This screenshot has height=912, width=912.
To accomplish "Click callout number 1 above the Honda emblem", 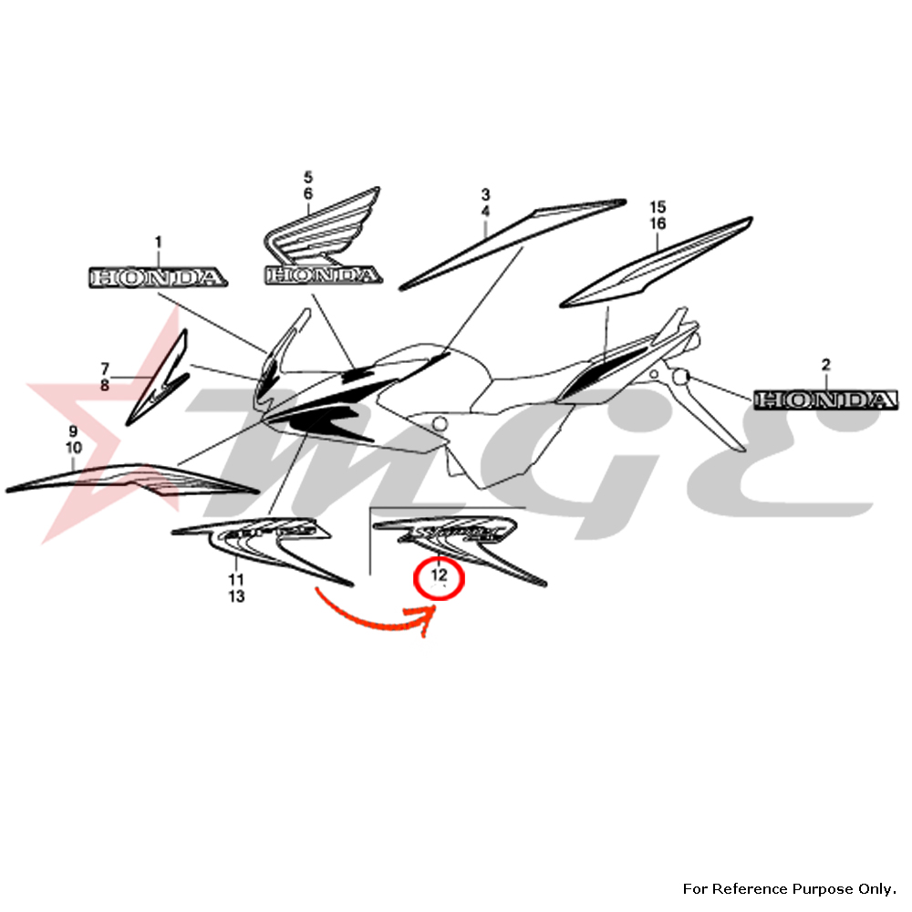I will pos(158,242).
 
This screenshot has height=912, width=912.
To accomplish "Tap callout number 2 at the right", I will pos(825,365).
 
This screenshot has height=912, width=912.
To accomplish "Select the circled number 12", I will pos(440,575).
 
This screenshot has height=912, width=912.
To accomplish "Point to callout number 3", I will pos(485,194).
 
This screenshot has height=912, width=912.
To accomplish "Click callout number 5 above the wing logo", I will pos(308,176).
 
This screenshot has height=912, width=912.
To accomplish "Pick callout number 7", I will pos(105,368).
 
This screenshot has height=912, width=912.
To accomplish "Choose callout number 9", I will pos(74,430).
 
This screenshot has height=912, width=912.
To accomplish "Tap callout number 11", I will pos(236,580).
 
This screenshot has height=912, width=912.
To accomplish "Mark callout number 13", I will pos(236,596).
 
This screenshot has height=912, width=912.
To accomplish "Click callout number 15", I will pos(658,206).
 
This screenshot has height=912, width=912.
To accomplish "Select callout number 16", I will pos(658,223).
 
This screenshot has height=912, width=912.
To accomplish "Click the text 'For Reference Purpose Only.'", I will pos(790,888).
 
